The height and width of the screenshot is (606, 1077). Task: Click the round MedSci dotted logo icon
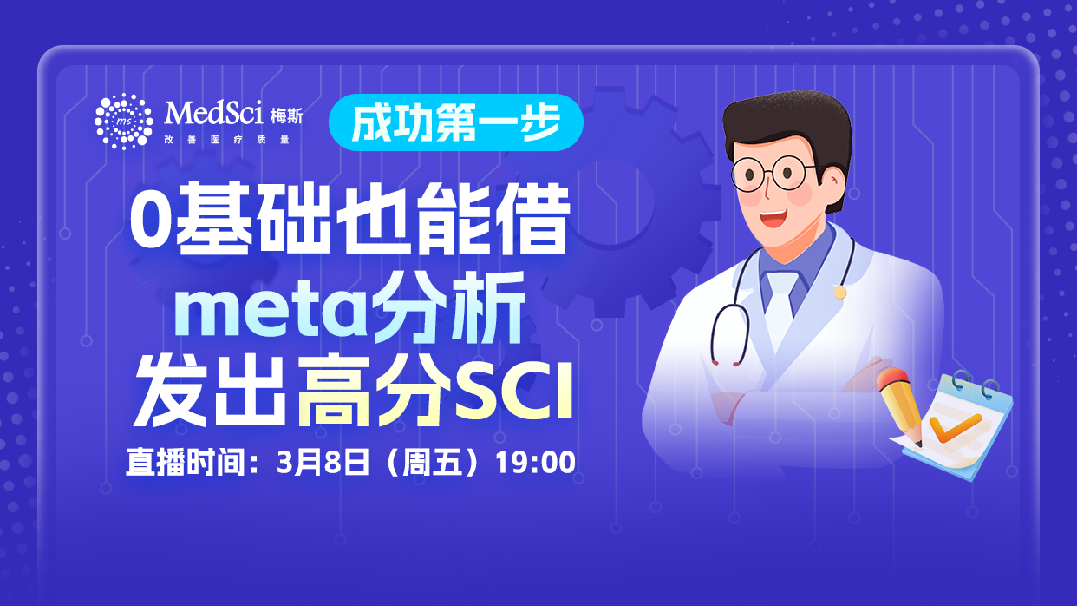tap(123, 121)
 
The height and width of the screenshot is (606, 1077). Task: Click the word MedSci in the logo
tap(206, 112)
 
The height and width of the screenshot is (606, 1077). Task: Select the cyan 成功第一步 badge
tap(455, 122)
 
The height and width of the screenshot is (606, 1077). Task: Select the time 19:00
tap(535, 462)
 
